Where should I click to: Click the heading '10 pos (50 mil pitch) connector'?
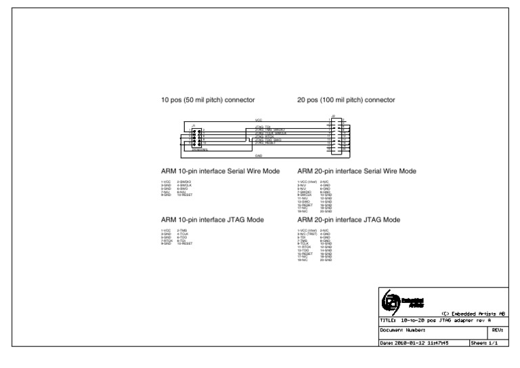tap(207, 100)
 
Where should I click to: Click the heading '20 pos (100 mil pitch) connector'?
tap(346, 100)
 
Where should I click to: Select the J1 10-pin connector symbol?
tap(196, 138)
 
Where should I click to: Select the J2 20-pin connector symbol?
tap(336, 136)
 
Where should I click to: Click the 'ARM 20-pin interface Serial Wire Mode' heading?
tap(357, 171)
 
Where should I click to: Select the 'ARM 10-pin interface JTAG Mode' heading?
tap(212, 220)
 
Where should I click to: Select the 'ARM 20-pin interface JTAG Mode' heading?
tap(348, 220)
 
